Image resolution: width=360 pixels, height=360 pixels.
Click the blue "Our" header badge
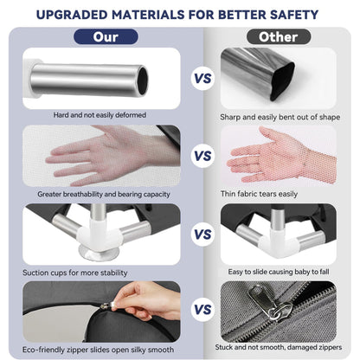[x=106, y=37]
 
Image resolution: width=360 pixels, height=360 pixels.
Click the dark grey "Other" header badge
[x=279, y=37]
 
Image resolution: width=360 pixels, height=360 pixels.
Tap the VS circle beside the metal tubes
[x=202, y=78]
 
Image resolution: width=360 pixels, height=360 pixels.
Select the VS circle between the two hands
[x=202, y=156]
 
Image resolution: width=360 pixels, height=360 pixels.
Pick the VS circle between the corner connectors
[x=202, y=235]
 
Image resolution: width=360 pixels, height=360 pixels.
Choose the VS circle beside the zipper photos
[x=202, y=310]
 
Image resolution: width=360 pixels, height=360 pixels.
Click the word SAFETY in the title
[x=294, y=15]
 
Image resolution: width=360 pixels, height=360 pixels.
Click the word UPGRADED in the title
[x=72, y=15]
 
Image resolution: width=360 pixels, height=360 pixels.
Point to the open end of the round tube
[x=143, y=80]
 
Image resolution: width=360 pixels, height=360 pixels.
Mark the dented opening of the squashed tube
[x=282, y=81]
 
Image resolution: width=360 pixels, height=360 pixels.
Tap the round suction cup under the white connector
[x=99, y=254]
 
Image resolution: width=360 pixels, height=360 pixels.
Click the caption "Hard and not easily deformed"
[x=100, y=115]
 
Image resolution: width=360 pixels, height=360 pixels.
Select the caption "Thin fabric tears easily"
[x=259, y=194]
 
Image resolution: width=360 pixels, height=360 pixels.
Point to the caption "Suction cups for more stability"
[x=75, y=273]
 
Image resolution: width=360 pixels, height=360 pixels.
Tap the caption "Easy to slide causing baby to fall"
[x=279, y=272]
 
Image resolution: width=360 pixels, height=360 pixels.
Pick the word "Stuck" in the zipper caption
[x=223, y=347]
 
